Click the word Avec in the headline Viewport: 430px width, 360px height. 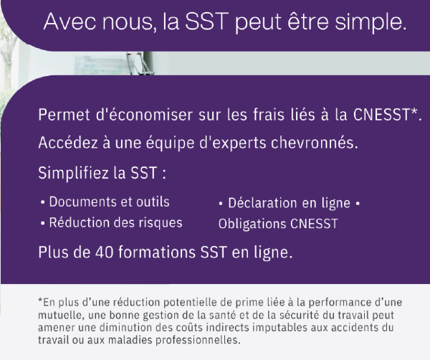[70, 22]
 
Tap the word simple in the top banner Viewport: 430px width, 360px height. [371, 23]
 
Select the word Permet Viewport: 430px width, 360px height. [64, 115]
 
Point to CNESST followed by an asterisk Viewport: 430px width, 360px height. [388, 115]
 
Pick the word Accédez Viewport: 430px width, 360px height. [68, 143]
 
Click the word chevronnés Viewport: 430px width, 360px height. [315, 143]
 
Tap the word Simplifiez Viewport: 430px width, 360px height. [74, 173]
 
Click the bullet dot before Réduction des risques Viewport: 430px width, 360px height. [42, 223]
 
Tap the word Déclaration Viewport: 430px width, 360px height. [262, 203]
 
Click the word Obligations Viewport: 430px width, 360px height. [252, 224]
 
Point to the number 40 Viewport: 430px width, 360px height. [104, 252]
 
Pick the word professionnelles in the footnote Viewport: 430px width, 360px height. [198, 340]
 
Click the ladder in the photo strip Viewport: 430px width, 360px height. [140, 64]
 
